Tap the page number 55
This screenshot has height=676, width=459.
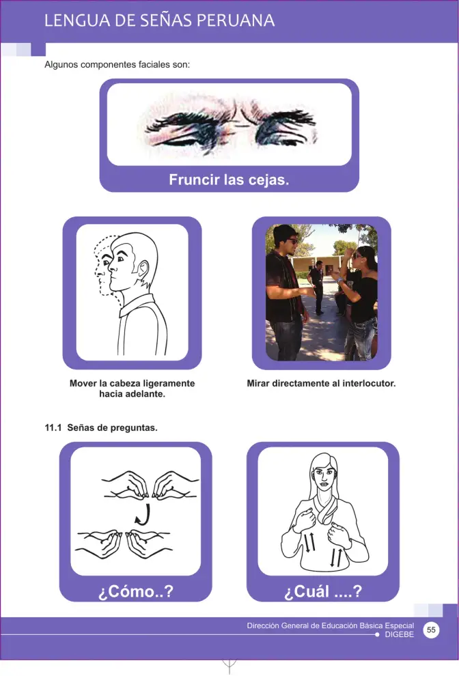coord(431,630)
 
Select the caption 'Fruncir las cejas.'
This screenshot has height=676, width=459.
coord(229,180)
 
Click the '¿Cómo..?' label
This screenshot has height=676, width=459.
coord(136,591)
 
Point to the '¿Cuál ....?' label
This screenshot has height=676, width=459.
coord(323,591)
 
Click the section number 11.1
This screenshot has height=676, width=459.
coord(53,427)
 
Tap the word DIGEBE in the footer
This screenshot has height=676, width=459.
coord(400,634)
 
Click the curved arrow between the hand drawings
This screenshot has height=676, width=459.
coord(143,515)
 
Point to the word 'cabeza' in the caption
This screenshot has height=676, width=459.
coord(125,383)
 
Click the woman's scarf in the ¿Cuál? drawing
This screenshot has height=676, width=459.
coord(324,509)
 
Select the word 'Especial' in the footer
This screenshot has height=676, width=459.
coord(400,625)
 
